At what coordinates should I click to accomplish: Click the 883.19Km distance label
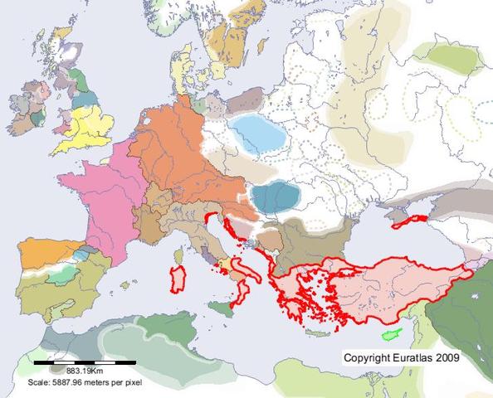point(84,371)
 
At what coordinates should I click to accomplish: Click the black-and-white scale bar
point(85,362)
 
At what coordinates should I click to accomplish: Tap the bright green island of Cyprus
point(388,335)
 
